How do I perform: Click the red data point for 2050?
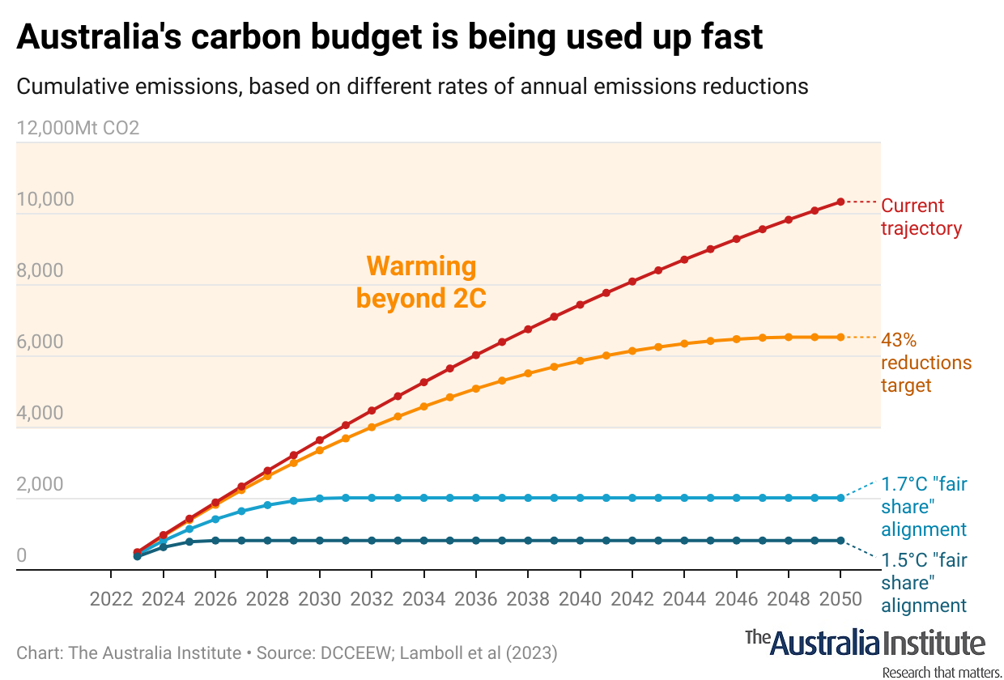840,202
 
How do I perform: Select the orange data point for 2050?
840,337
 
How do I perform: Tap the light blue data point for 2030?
319,499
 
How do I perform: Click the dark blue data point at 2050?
840,540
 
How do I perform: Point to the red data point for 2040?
580,305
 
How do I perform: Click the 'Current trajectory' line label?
921,217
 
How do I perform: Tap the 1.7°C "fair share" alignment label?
923,507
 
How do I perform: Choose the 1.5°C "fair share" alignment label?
923,583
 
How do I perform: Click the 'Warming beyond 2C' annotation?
421,282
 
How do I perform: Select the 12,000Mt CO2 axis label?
78,128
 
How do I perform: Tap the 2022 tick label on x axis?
111,600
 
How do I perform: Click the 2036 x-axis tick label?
475,600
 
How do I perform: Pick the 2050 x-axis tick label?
840,600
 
